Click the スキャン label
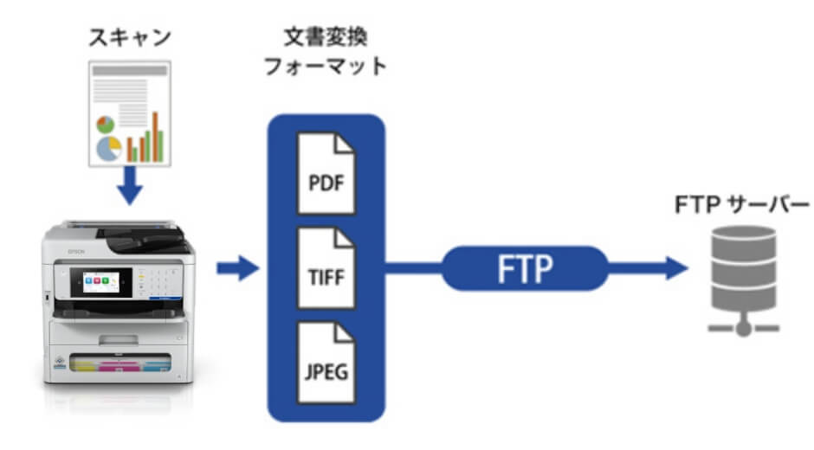[x=130, y=38]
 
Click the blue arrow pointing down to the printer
[x=129, y=187]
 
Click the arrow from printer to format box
[x=236, y=270]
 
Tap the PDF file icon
[x=326, y=173]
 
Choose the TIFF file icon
[x=326, y=269]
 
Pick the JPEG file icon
[x=326, y=363]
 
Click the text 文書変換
[x=325, y=38]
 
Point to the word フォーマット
[x=325, y=67]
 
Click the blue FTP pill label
[x=525, y=269]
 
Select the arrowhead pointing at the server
[x=675, y=269]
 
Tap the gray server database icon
[x=743, y=267]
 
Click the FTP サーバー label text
[x=742, y=204]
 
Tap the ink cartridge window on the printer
[x=121, y=366]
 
